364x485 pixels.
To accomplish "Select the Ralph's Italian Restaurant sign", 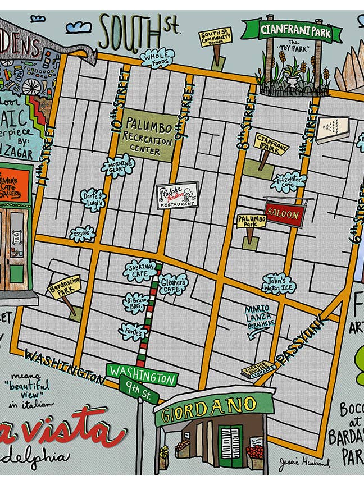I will coord(177,195).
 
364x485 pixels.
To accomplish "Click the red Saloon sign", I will coord(285,213).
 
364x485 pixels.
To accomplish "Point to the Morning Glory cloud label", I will coord(118,165).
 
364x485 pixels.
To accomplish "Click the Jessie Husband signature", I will coord(303,464).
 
